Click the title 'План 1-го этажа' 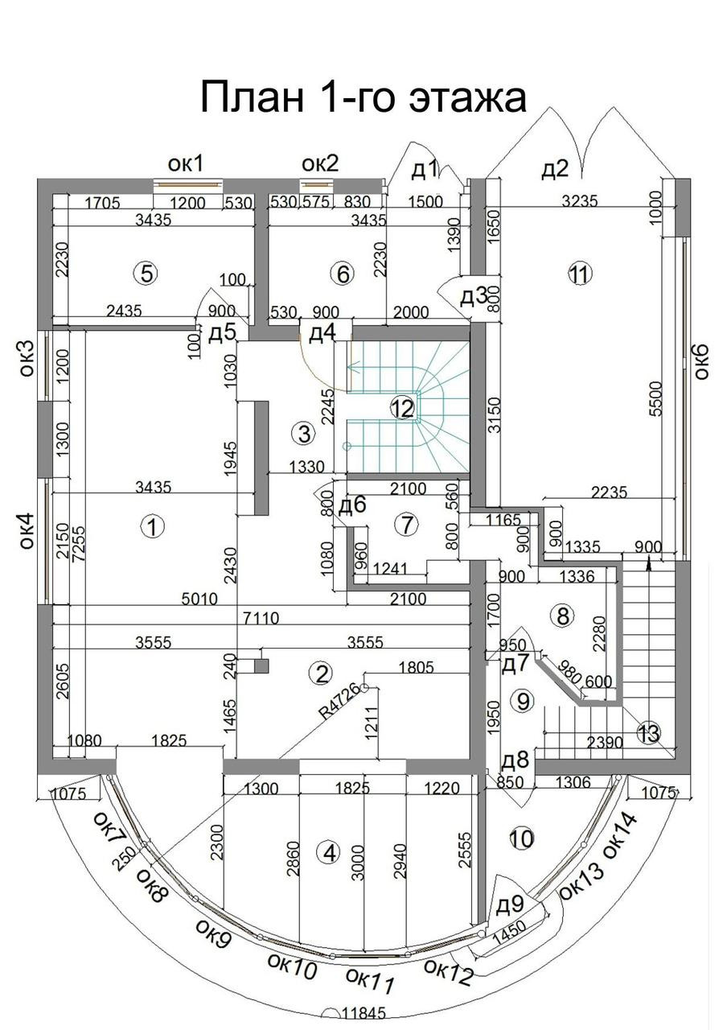pos(363,97)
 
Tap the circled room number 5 pos(146,274)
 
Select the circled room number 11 pos(578,274)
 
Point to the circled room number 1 pos(152,527)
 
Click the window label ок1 pos(185,164)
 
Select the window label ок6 pos(700,361)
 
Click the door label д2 pos(554,169)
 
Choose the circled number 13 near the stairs pos(648,733)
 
